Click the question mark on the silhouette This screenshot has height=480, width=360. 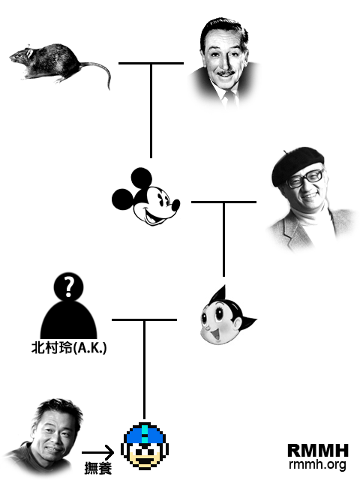click(x=69, y=286)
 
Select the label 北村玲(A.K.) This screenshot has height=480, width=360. click(x=69, y=348)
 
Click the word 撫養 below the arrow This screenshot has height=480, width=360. click(x=98, y=468)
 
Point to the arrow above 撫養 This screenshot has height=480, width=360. click(x=98, y=452)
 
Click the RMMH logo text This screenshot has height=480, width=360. click(x=318, y=451)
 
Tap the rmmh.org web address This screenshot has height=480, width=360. click(x=317, y=464)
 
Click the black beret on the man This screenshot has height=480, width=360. click(x=297, y=164)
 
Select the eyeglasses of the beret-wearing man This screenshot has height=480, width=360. click(x=305, y=178)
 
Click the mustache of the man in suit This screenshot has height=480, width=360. click(x=226, y=73)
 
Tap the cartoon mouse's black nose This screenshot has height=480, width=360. click(x=175, y=205)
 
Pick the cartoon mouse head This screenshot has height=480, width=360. click(x=145, y=196)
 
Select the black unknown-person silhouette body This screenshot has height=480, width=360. click(x=68, y=320)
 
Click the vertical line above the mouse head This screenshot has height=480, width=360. click(x=151, y=110)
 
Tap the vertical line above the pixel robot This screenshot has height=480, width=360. click(x=144, y=369)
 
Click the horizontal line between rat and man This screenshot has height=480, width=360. click(x=151, y=63)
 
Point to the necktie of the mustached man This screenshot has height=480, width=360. click(x=228, y=98)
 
